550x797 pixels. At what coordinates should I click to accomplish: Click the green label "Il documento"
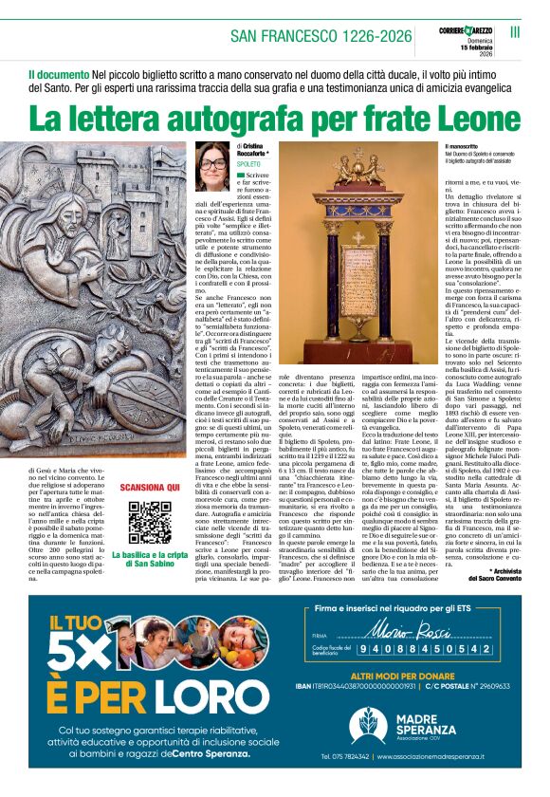[x=59, y=73]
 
